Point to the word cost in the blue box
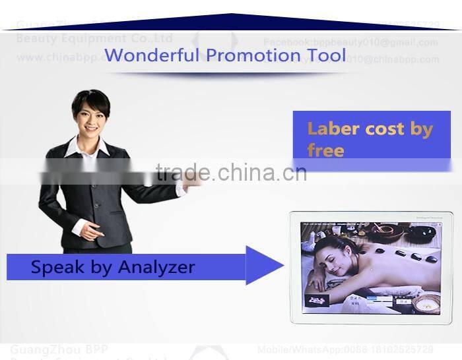tap(385, 129)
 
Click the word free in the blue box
tap(325, 150)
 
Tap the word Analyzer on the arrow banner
tap(156, 267)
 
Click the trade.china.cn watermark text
tap(231, 173)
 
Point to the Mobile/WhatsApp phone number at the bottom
tap(345, 349)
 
